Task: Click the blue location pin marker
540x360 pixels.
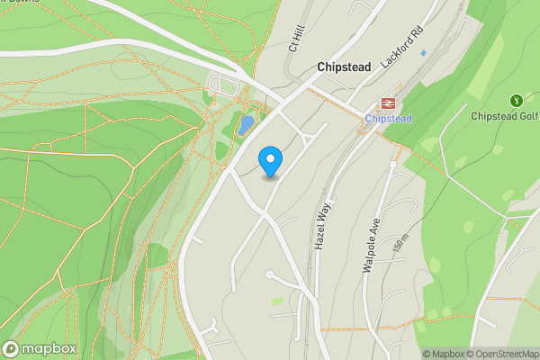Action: tap(270, 162)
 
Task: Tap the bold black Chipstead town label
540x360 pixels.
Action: tap(345, 67)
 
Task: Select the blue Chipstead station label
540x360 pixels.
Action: tap(389, 119)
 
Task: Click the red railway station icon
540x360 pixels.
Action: tap(389, 103)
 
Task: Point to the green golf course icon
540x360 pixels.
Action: tap(516, 100)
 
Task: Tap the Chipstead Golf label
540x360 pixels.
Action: tap(505, 115)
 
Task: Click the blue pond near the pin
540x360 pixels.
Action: tap(246, 124)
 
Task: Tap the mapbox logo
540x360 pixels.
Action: tap(40, 348)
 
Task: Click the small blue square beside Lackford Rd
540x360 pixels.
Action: tap(424, 53)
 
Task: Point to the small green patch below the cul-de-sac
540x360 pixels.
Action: tap(277, 300)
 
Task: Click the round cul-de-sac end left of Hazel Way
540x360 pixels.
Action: tap(269, 274)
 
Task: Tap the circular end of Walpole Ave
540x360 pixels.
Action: tap(393, 166)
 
